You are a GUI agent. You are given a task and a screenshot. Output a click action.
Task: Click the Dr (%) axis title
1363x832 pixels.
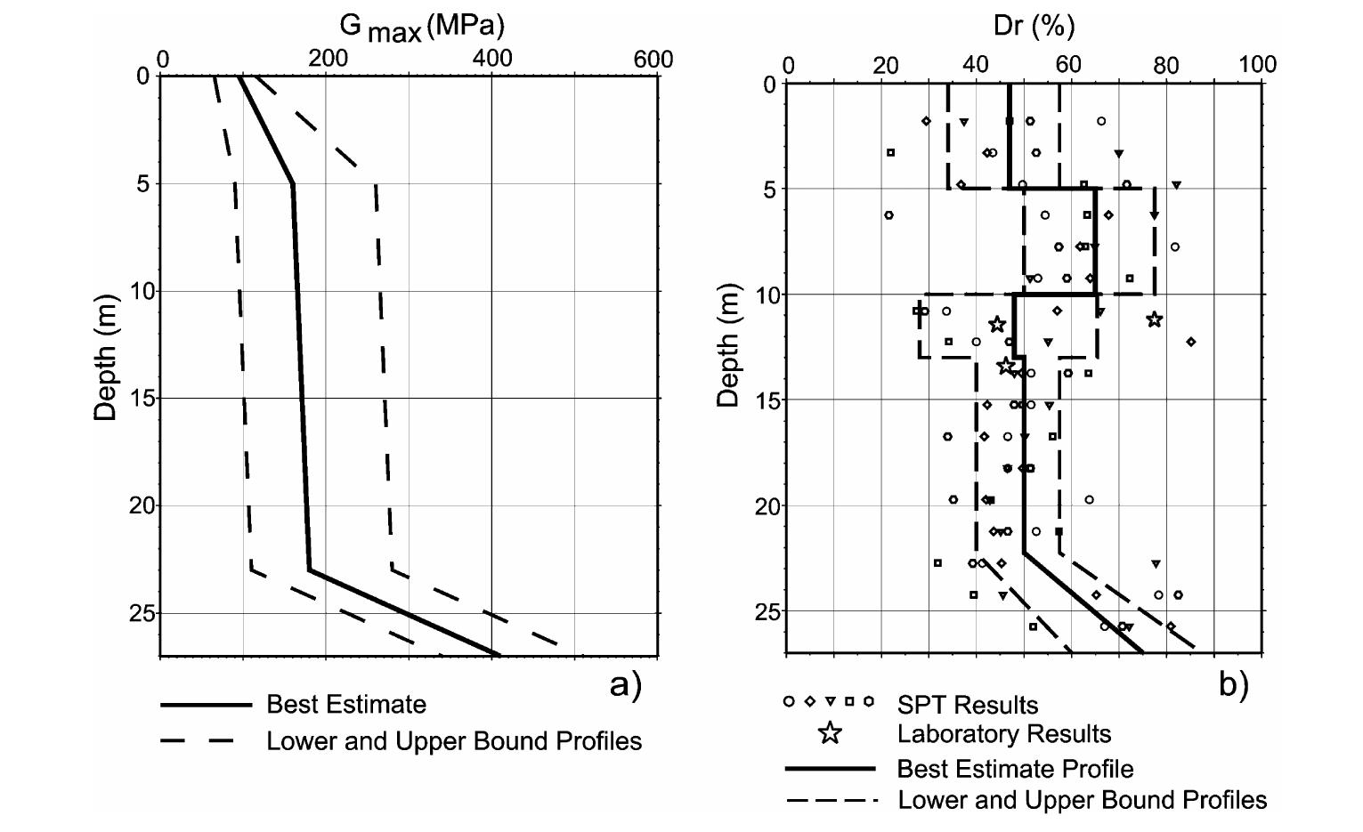click(x=1034, y=26)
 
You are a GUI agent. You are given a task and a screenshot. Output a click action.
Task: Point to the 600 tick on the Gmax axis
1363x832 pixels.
click(x=653, y=60)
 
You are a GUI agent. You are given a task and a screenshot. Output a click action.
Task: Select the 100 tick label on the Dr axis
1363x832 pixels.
click(x=1257, y=64)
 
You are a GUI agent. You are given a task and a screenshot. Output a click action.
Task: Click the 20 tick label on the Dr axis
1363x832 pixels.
click(x=885, y=64)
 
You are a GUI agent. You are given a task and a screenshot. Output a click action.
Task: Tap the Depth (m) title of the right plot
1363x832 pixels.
click(x=728, y=345)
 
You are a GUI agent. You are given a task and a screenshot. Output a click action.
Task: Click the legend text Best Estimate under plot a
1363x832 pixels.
click(x=346, y=705)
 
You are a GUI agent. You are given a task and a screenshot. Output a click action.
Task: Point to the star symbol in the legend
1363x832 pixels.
click(x=830, y=733)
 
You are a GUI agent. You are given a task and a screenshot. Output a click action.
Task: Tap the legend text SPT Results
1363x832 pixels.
click(x=967, y=706)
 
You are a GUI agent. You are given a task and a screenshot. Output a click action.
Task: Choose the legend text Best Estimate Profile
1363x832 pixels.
click(x=1015, y=769)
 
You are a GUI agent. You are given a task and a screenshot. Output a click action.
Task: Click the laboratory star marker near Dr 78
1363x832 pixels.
click(x=1154, y=319)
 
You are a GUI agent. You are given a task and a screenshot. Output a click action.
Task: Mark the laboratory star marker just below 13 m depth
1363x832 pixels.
click(x=1006, y=365)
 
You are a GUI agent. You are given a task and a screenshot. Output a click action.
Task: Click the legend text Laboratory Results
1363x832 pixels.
click(x=1003, y=734)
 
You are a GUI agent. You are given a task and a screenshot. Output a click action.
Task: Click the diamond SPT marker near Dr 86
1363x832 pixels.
click(x=1191, y=342)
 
